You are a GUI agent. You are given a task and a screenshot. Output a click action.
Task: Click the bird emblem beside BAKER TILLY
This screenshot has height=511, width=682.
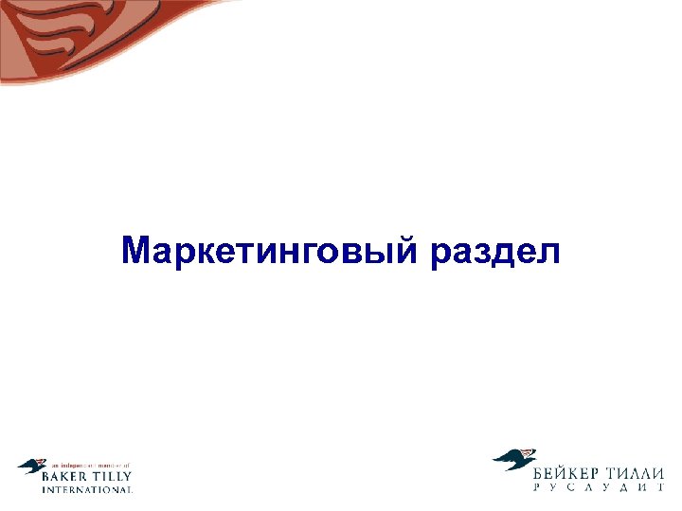point(30,466)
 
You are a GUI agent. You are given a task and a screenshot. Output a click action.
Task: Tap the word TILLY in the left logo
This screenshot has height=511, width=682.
point(114,477)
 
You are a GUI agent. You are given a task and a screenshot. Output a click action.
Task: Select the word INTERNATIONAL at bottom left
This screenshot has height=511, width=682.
point(87,489)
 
